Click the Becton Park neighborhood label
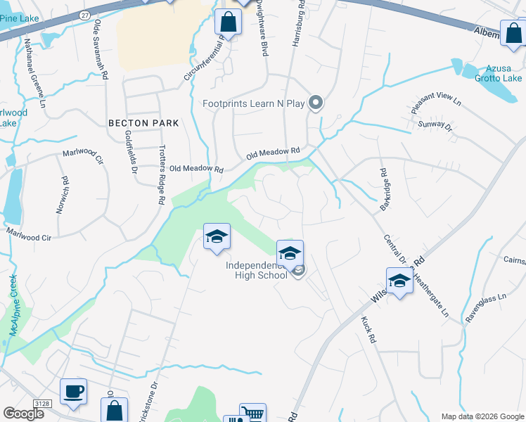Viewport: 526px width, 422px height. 143,122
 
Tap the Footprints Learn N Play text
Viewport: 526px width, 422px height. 253,104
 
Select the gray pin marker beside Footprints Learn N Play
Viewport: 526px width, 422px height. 316,103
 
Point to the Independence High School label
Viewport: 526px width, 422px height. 257,270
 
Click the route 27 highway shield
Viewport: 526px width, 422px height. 84,13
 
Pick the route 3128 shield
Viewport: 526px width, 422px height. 43,402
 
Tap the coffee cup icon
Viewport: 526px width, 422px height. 73,392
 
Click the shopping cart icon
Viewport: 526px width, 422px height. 253,414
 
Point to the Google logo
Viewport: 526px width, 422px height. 23,413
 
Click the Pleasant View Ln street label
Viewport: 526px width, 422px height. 435,105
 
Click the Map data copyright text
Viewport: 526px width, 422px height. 482,416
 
